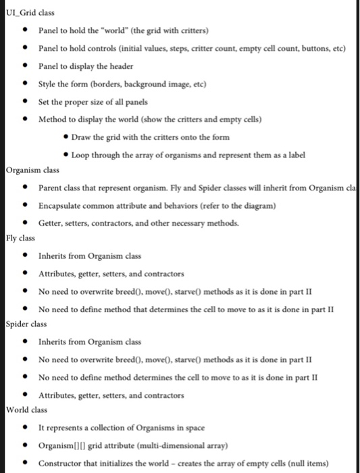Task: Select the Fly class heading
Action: click(x=21, y=238)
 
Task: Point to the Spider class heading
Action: click(x=26, y=324)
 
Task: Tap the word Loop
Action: click(x=83, y=155)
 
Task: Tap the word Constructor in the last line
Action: click(x=64, y=463)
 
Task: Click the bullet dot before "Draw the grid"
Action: click(x=66, y=137)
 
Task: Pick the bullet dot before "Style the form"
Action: click(x=25, y=84)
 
